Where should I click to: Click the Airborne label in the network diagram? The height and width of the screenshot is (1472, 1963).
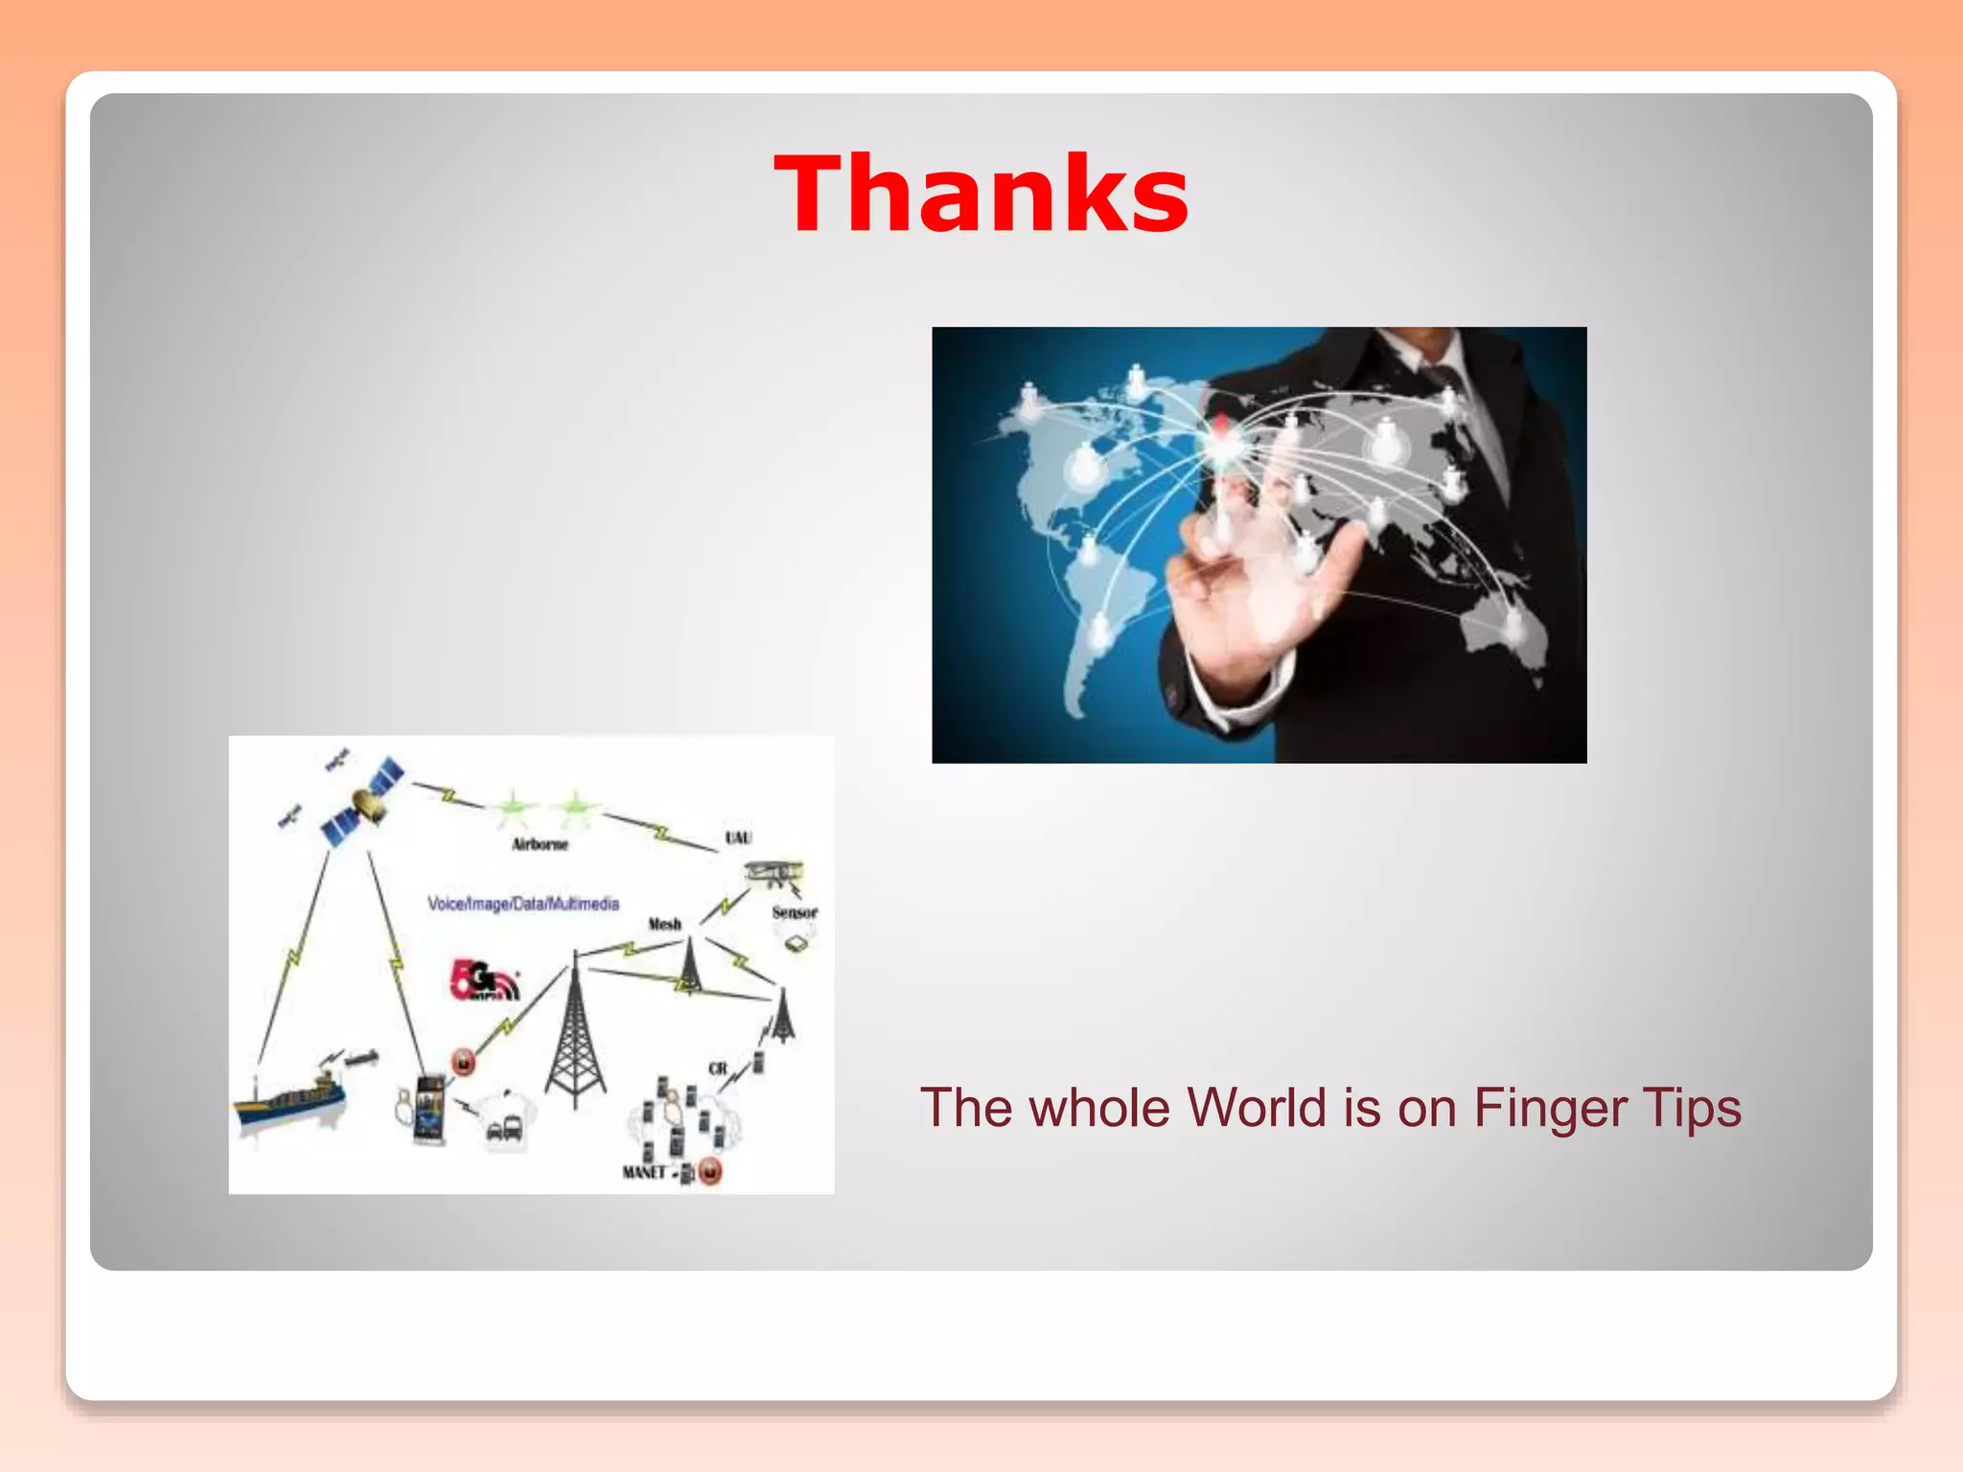540,844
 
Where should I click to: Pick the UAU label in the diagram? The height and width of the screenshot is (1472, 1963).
738,838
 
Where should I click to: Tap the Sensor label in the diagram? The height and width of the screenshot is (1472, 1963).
795,912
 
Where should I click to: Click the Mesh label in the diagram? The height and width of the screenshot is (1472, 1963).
664,924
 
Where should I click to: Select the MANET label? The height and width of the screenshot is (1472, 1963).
643,1172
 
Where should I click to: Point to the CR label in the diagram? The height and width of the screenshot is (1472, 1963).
717,1069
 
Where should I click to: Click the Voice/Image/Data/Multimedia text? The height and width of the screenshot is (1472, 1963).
523,904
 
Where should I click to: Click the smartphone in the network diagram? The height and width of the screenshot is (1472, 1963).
428,1110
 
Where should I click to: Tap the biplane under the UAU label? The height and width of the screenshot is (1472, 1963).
774,875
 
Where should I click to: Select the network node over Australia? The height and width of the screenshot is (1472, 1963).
1512,624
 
